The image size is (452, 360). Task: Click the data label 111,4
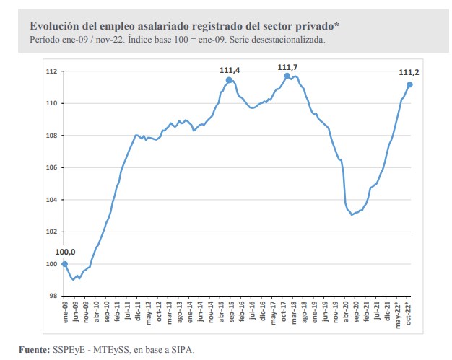[230, 69]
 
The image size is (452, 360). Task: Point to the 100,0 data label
[65, 252]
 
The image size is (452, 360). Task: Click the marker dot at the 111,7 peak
[287, 76]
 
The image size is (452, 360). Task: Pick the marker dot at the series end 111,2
[410, 84]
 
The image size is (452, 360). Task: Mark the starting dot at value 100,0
[65, 263]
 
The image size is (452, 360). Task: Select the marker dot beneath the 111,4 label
[229, 80]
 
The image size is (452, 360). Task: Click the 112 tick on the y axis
[51, 71]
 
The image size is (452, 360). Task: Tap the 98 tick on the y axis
[53, 296]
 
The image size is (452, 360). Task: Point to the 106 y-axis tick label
[51, 167]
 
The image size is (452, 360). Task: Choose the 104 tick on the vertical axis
[51, 200]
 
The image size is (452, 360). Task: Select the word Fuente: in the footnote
[34, 350]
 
